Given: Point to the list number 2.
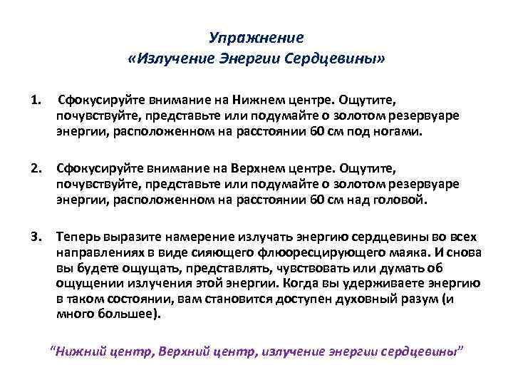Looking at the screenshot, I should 35,168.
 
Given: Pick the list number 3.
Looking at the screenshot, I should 35,237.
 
